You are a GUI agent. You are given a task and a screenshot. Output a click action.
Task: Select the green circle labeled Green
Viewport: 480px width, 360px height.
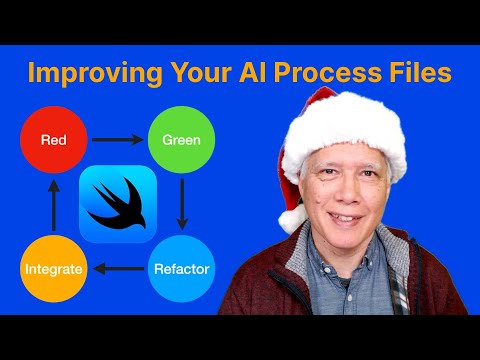coord(182,140)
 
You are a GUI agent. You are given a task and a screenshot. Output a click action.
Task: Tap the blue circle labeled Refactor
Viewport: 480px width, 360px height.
coord(182,268)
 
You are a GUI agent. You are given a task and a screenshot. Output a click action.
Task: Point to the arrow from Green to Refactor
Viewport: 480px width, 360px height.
coord(182,204)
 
